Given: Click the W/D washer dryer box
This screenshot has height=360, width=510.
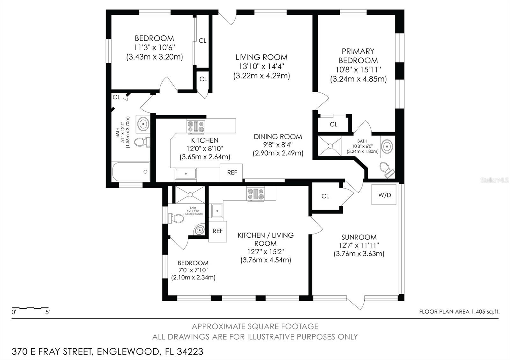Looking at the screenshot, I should coord(384,195).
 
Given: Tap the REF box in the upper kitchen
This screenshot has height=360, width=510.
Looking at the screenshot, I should coord(232,173).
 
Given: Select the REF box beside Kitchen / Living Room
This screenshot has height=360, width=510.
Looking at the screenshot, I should coord(217,231).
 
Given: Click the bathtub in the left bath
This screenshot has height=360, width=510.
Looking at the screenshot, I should coord(130,172).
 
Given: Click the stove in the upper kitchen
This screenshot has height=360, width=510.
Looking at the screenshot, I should coord(196,126).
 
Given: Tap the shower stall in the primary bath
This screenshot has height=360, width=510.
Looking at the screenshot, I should coord(330,146).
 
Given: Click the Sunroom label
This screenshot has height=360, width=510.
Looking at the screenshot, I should coord(359,237).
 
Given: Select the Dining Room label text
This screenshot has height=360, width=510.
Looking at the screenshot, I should coord(278,137).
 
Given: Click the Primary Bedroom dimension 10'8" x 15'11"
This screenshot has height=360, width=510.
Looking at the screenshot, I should coord(358,69).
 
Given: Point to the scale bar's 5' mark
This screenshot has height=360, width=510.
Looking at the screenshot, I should coord(48,312).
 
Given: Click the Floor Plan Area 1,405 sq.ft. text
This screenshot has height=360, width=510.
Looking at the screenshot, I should coord(459,312).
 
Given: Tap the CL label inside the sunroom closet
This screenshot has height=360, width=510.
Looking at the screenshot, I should coord(325,196).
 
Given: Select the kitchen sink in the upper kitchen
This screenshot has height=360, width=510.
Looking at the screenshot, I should coord(186,174).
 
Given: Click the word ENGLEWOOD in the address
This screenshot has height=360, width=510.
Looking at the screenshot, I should coord(128,352).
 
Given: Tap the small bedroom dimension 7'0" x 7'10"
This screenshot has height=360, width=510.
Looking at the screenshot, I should coord(193,270).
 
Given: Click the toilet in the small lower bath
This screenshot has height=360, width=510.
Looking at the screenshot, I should coord(176,219).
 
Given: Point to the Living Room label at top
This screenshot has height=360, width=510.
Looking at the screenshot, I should coord(261,57).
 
